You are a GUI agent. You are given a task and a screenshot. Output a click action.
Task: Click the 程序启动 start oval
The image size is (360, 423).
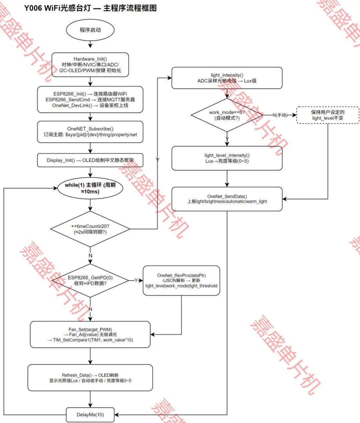[90, 30]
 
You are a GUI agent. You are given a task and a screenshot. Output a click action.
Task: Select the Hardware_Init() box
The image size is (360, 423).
[90, 65]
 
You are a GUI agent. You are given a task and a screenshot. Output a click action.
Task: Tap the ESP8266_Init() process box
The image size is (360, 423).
[90, 100]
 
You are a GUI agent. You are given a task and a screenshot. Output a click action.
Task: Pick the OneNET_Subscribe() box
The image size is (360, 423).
[90, 132]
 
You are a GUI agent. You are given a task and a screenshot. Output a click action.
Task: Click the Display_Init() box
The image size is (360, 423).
[90, 160]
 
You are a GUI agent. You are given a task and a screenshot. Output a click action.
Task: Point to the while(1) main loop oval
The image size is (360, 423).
[90, 188]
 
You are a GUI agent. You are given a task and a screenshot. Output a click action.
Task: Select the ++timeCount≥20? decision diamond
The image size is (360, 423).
[90, 229]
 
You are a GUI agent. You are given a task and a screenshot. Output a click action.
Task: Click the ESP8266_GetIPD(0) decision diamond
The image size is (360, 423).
[90, 280]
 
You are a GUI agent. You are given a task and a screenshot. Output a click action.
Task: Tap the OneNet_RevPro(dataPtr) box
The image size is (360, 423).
[181, 280]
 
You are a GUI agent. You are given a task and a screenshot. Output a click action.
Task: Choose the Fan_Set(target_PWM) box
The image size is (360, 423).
[90, 335]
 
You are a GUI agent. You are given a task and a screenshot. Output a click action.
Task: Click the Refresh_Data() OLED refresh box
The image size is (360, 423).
[90, 378]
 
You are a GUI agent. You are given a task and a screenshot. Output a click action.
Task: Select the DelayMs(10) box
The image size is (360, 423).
[90, 415]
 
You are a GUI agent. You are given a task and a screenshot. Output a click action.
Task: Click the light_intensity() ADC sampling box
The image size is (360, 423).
[227, 78]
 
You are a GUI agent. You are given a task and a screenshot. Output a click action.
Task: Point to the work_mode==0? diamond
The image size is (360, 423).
[227, 115]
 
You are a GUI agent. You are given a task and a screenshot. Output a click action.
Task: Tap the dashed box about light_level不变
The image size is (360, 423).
[328, 115]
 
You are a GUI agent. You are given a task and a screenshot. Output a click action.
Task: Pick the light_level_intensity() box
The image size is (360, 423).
[227, 158]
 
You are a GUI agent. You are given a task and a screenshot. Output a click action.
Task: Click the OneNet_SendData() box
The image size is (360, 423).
[227, 199]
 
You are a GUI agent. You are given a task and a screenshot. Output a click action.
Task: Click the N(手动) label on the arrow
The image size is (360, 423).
[280, 115]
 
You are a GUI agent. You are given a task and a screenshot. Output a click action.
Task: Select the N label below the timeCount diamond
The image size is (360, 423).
[90, 255]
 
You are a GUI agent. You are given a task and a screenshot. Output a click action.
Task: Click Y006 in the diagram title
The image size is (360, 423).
[33, 8]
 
